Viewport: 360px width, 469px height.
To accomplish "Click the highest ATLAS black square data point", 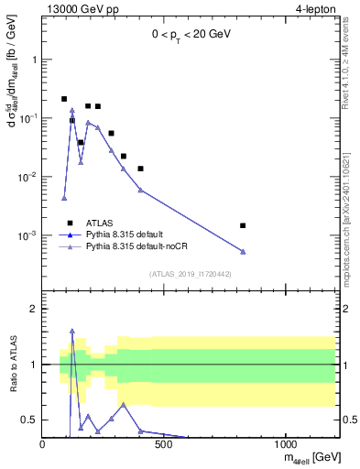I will point(64,99).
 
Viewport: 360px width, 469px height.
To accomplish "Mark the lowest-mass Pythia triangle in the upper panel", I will point(64,198).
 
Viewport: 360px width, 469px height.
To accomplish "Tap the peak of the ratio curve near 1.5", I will point(71,331).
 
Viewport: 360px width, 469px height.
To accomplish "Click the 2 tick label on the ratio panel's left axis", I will point(34,309).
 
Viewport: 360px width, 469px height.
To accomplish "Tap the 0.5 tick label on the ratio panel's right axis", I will point(347,420).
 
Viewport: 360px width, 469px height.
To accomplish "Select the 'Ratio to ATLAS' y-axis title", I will point(12,365).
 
